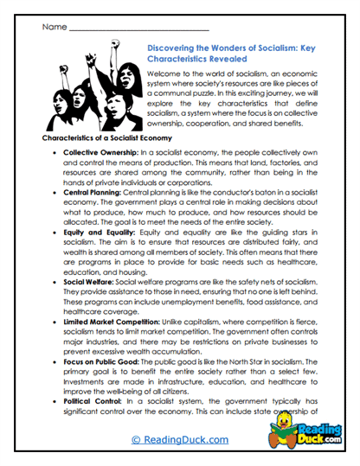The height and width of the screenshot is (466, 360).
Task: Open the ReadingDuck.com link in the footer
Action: point(179,441)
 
